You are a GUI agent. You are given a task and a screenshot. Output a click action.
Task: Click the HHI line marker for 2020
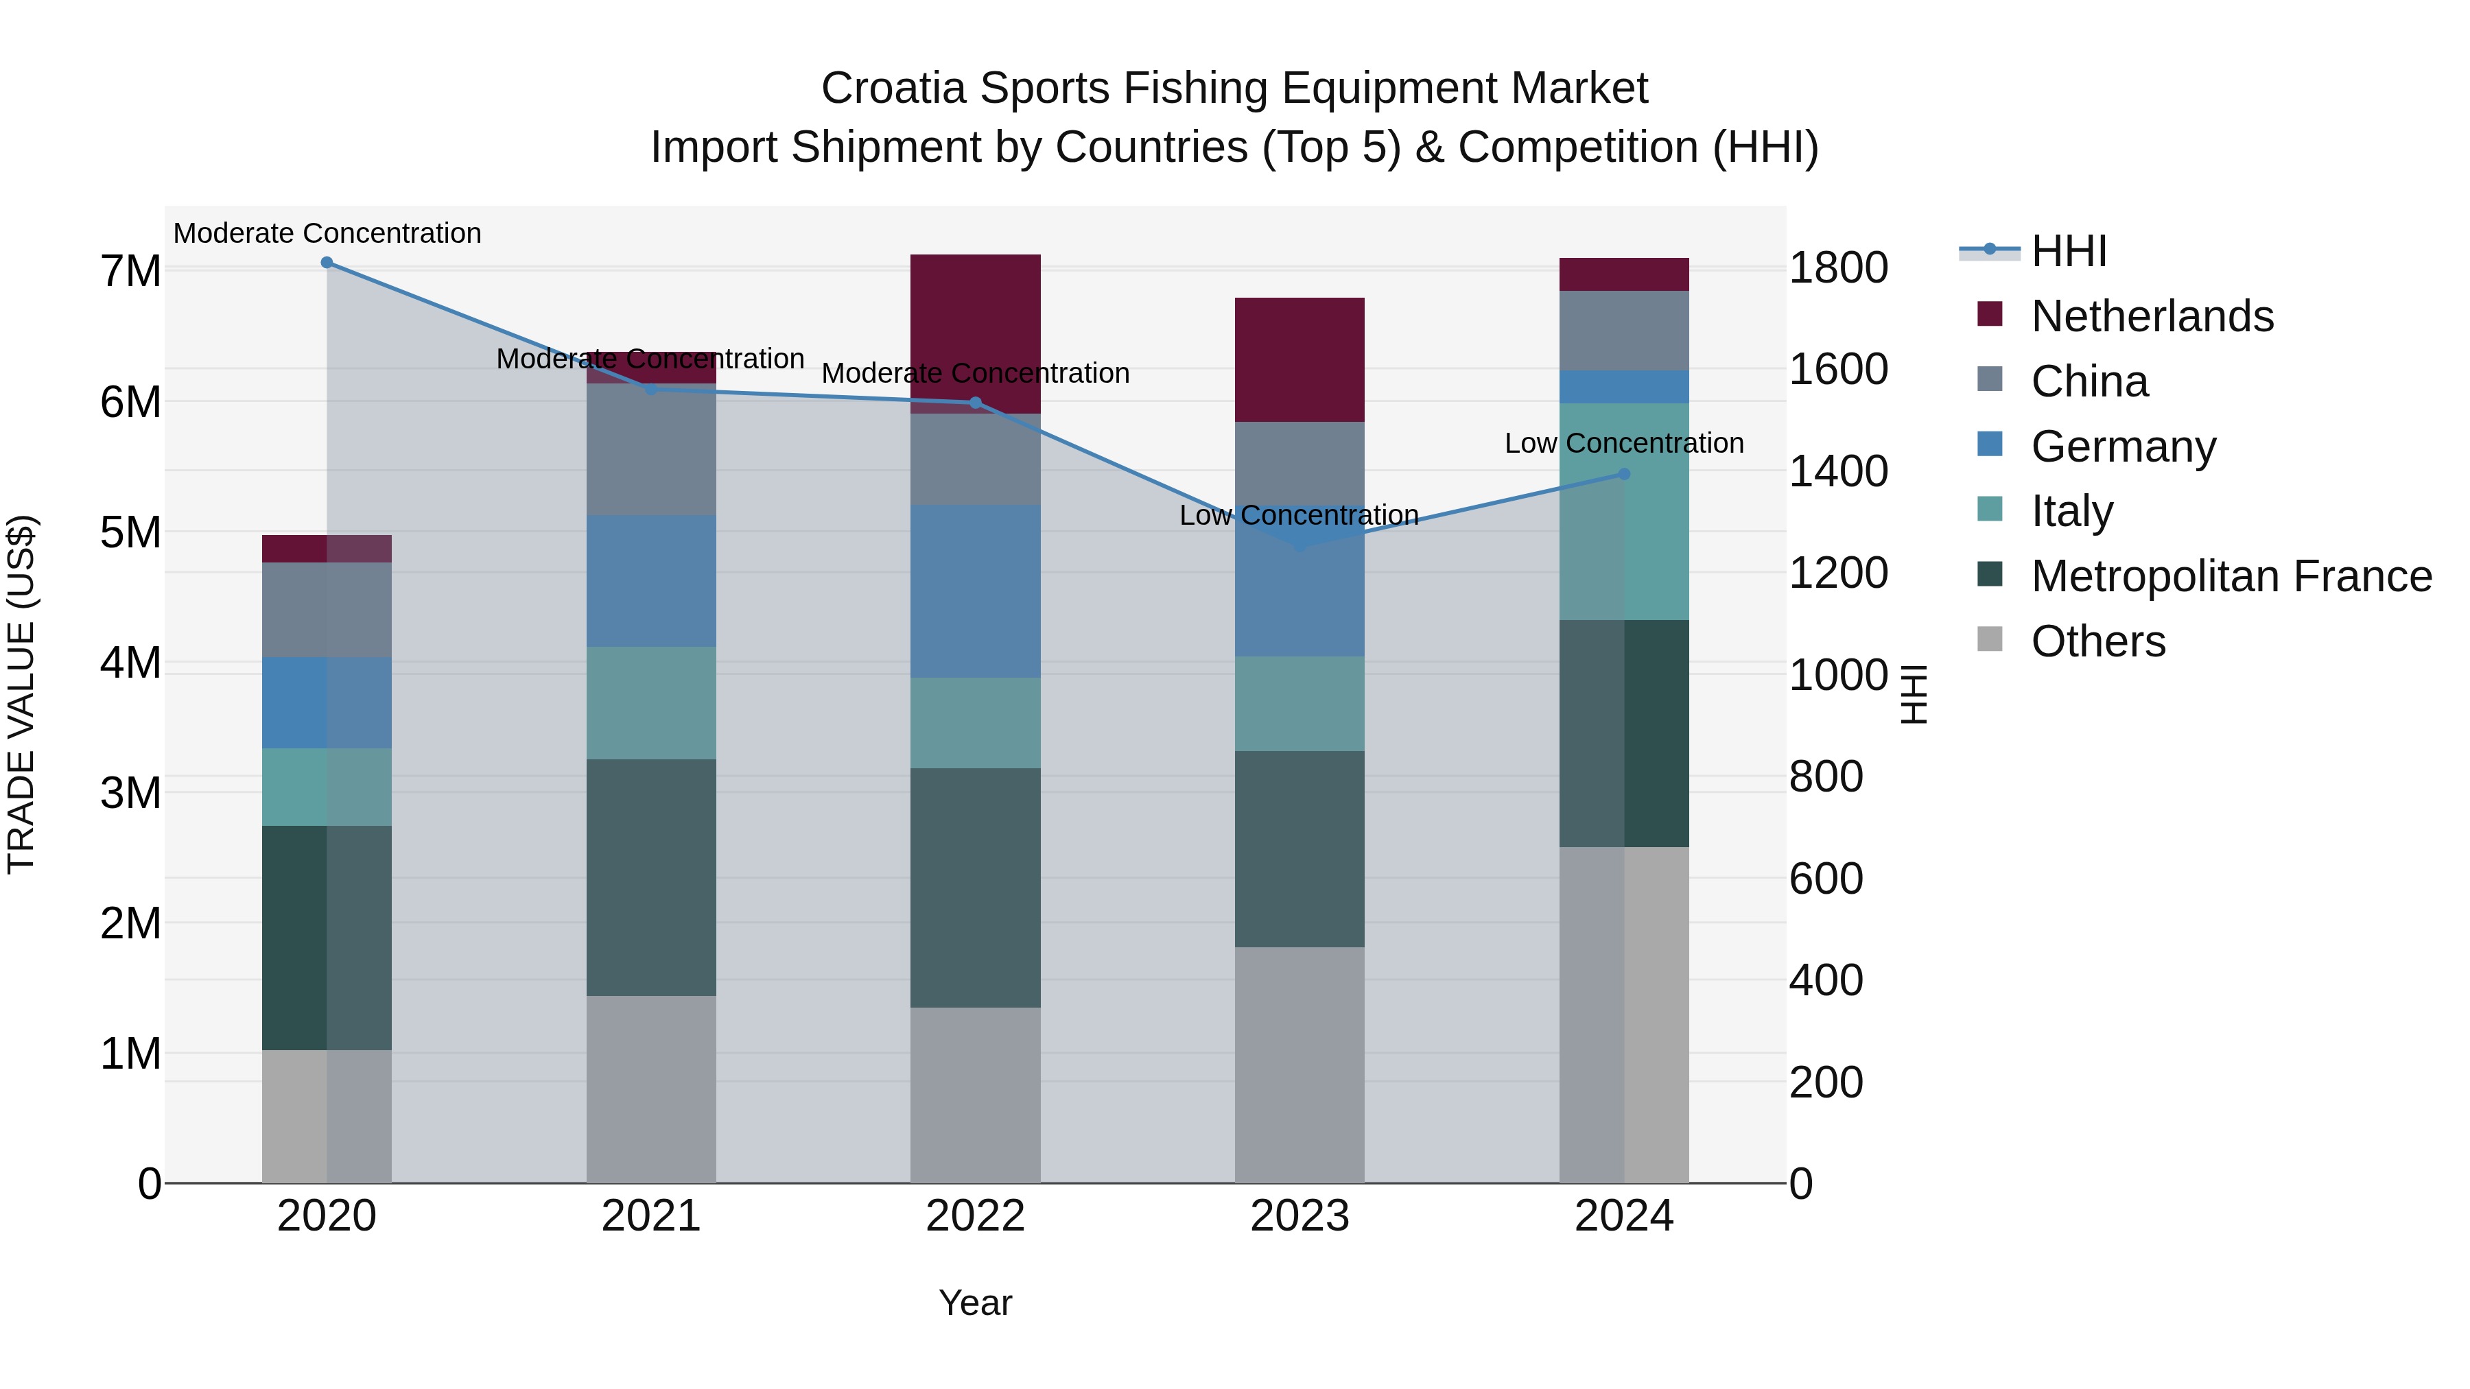[327, 263]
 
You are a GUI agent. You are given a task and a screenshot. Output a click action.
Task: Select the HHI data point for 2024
[1623, 473]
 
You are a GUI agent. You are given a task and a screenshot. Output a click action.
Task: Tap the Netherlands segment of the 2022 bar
[975, 326]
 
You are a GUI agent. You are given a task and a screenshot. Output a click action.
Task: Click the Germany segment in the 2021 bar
[651, 581]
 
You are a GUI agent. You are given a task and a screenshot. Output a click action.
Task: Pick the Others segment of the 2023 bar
[1299, 1064]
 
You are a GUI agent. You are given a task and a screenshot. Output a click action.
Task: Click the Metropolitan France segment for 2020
[327, 938]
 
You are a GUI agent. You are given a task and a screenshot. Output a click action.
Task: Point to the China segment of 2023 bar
[1299, 460]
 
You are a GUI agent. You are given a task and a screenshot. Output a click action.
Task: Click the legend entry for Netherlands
[2151, 316]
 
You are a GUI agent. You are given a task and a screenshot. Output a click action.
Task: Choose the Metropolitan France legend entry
[2231, 576]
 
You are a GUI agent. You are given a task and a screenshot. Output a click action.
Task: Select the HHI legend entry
[2068, 251]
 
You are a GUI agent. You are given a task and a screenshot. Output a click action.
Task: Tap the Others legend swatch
[1990, 639]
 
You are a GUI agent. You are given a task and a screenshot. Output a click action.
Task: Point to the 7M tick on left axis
[130, 271]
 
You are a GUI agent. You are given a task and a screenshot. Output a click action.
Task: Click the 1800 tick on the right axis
[1838, 268]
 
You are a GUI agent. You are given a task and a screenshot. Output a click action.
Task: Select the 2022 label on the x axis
[975, 1216]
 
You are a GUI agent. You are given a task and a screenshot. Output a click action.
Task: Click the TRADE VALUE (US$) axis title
[21, 694]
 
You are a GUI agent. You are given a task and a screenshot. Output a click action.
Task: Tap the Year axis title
[975, 1303]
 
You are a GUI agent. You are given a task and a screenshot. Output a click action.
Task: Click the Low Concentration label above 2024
[1623, 443]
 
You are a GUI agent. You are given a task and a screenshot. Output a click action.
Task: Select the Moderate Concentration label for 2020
[327, 233]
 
